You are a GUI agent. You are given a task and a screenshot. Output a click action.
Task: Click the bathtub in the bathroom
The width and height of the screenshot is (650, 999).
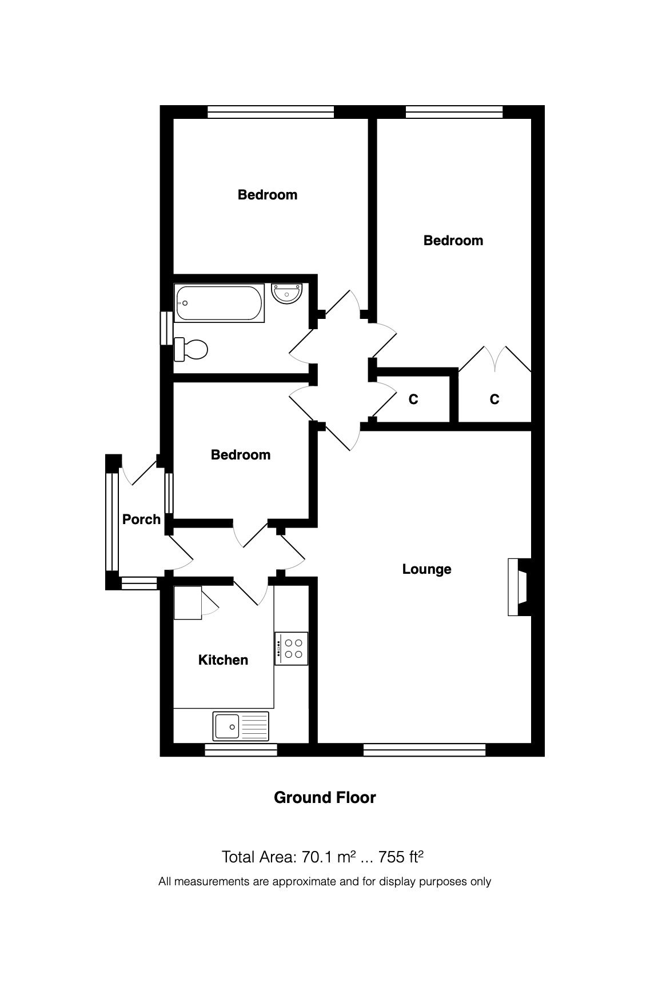tap(220, 303)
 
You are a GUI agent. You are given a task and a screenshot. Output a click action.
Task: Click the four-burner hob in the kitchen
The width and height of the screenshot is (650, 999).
tap(292, 648)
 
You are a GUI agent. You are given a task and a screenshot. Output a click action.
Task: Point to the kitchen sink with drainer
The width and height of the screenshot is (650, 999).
tap(241, 726)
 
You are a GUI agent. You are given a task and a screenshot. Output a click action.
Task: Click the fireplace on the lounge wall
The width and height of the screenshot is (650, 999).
tap(518, 587)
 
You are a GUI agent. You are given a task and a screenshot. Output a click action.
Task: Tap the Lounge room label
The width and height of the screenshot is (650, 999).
tap(426, 569)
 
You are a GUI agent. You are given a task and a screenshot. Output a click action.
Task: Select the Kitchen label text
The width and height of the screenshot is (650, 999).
tap(223, 660)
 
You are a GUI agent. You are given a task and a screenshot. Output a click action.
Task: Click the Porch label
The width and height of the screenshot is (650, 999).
tap(141, 520)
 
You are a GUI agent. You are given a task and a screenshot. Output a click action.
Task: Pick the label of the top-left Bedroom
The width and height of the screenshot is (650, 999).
tap(267, 195)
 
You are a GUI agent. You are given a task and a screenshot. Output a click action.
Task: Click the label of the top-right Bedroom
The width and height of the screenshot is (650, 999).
tap(453, 241)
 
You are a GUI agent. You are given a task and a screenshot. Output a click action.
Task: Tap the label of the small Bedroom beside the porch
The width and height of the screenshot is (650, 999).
tap(240, 455)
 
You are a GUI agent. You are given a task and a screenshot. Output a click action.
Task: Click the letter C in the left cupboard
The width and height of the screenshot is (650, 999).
tap(413, 399)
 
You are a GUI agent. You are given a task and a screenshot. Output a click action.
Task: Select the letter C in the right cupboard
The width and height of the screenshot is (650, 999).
tap(495, 399)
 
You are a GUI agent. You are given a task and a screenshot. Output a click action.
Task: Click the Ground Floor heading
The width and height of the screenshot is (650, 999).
tap(325, 798)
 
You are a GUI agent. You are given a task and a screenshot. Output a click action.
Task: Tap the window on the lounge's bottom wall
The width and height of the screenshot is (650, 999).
tap(424, 749)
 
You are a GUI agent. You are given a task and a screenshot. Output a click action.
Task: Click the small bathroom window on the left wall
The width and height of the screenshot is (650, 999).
tap(166, 328)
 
